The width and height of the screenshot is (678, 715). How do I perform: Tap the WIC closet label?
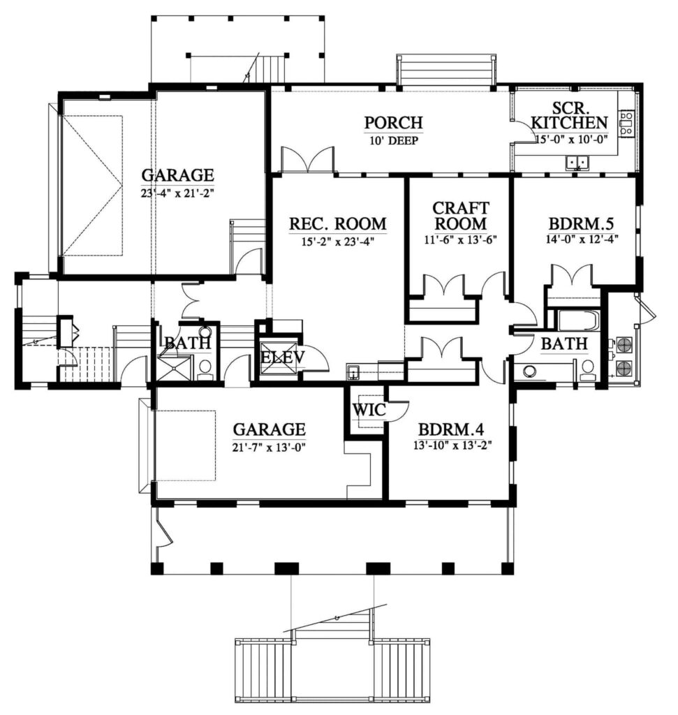(x=369, y=410)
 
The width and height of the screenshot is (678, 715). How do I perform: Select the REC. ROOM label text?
(x=337, y=224)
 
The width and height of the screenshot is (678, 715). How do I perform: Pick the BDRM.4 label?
(x=451, y=429)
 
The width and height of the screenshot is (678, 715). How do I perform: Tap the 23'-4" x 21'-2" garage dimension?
(x=177, y=193)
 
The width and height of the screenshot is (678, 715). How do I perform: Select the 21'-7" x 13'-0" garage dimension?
(x=269, y=446)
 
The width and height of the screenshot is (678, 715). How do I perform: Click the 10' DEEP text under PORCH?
(x=394, y=140)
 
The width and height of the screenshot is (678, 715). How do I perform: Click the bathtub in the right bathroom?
(x=577, y=320)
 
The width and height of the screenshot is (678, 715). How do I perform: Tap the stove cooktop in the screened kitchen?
(x=626, y=124)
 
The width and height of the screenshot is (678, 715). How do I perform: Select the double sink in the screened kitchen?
(x=577, y=163)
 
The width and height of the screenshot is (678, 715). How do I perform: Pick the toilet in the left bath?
(x=206, y=367)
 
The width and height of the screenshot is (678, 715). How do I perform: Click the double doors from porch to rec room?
(x=308, y=161)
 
